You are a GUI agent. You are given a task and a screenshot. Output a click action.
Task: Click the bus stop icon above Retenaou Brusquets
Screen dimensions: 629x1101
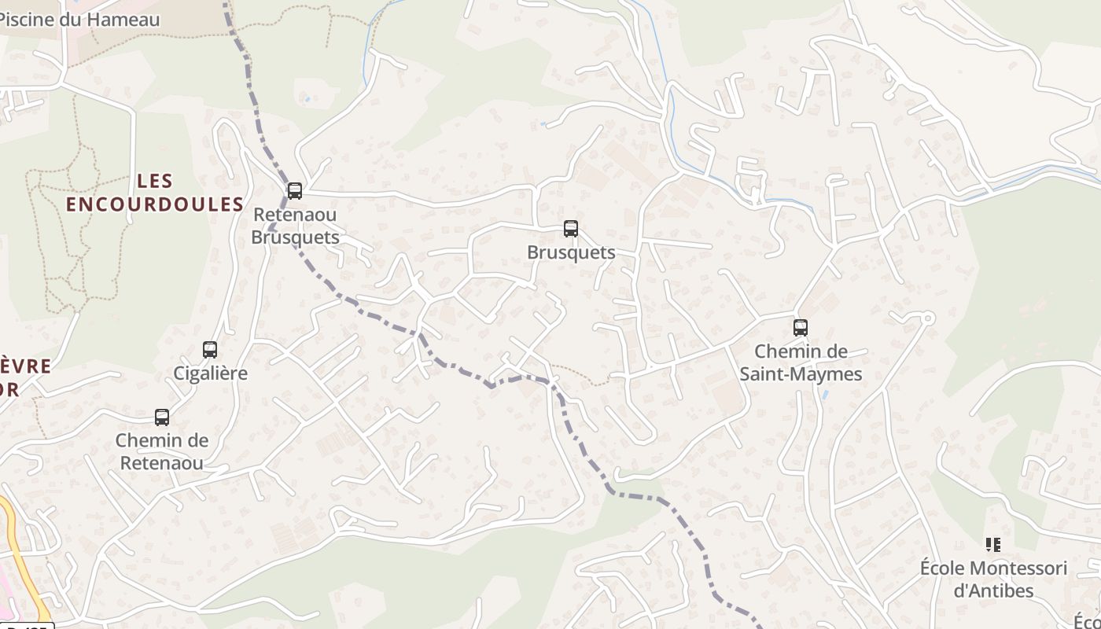295,190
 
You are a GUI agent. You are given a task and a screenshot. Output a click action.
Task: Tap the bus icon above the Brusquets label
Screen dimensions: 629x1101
571,229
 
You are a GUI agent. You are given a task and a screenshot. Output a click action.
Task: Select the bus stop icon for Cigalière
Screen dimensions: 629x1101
210,350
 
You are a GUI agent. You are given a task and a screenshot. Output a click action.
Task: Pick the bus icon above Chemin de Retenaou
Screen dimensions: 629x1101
162,417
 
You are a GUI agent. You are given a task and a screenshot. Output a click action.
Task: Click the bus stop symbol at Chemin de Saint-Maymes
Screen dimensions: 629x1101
801,328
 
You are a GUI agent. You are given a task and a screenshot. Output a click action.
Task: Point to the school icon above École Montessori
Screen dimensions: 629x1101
993,544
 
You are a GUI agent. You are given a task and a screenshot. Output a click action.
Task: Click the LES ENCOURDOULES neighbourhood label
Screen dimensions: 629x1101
155,193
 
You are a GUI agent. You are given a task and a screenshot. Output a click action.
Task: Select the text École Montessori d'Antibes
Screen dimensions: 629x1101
994,579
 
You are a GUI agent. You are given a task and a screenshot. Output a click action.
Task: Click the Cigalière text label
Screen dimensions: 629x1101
210,373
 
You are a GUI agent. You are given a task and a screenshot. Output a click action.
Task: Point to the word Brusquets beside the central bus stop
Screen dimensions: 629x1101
571,252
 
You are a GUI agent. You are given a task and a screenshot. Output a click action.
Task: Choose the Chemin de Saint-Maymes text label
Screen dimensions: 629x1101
801,362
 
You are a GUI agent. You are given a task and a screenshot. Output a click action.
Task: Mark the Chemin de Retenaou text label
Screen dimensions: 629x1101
162,451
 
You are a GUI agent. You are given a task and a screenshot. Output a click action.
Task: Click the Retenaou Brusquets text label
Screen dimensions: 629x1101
295,226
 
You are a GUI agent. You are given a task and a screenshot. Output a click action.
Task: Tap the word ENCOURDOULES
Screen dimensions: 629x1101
155,204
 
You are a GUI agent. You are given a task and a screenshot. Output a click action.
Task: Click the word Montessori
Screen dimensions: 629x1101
1018,568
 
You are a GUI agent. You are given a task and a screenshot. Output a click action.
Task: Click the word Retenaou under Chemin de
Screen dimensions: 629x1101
162,463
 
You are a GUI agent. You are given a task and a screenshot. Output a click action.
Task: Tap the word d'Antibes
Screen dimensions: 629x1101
994,590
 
